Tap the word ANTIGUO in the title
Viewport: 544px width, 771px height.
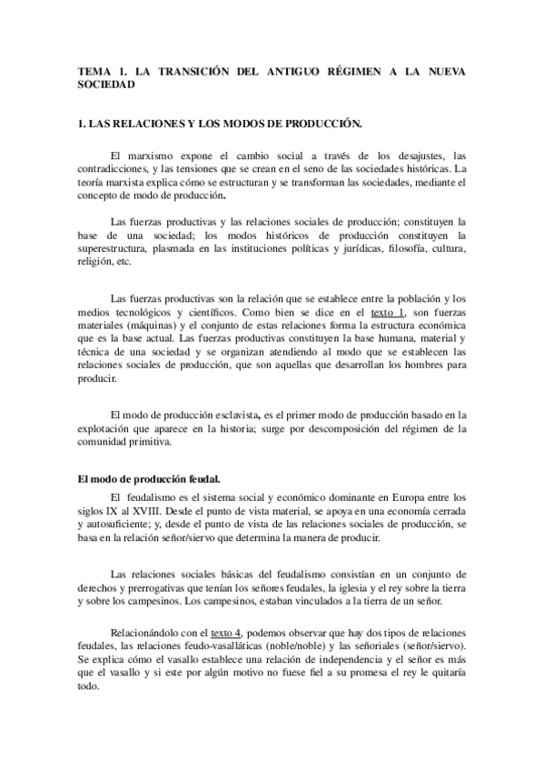[300, 72]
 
